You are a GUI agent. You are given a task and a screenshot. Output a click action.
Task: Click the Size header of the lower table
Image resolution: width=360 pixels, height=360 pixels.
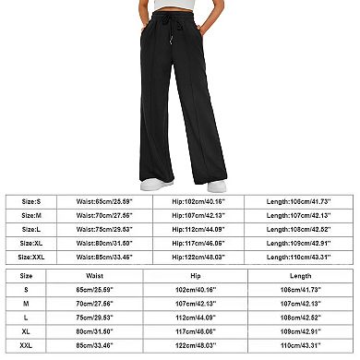point(26,274)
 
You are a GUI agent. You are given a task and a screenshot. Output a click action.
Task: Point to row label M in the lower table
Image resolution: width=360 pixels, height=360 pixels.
point(26,301)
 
